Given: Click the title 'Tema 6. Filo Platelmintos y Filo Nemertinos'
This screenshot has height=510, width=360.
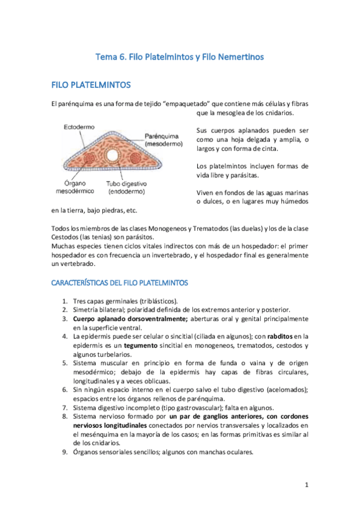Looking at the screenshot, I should coord(180,57).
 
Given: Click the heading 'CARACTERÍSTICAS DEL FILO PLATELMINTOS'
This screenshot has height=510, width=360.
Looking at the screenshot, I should coord(120,282).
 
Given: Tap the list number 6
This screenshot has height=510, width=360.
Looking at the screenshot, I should coord(65,390).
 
